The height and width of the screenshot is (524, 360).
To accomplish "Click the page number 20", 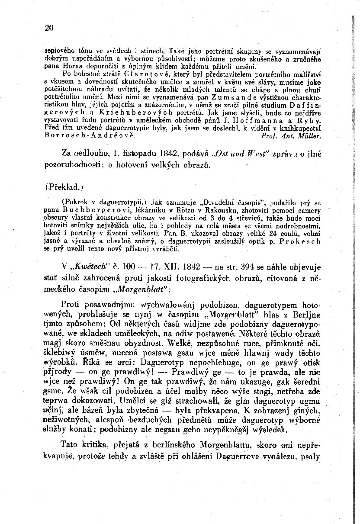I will coord(48,28).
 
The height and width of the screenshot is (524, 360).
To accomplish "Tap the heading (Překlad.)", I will coord(64,189).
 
